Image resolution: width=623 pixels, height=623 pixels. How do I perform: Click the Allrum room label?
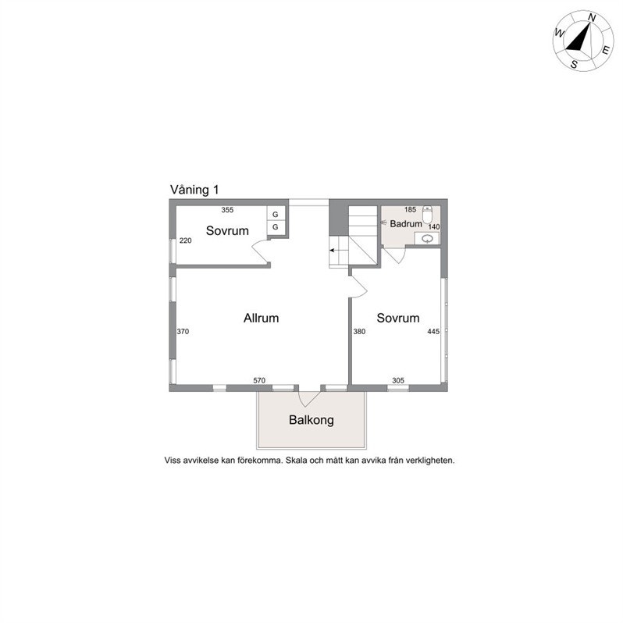261,319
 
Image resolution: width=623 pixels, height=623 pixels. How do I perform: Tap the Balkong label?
311,420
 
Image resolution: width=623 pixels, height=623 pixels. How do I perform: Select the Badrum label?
406,223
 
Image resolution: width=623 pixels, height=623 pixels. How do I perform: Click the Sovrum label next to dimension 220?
227,230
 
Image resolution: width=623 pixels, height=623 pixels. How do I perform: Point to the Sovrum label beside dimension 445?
398,319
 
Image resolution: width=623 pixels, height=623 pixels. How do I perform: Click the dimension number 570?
260,380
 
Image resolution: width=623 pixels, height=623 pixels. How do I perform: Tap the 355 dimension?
227,209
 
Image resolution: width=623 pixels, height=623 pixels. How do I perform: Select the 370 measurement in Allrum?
183,332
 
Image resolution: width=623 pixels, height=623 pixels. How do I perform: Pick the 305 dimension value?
398,380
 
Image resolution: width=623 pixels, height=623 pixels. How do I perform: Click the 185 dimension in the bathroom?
410,209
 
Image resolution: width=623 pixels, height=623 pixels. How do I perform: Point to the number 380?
359,332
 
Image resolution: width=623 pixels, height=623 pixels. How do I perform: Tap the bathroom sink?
427,239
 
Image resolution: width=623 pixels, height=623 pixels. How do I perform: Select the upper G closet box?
275,214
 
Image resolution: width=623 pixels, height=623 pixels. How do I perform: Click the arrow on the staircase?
334,251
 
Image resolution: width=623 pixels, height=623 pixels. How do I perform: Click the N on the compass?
592,18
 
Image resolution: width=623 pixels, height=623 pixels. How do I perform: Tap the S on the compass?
574,64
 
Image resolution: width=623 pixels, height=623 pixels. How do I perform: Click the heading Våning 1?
195,190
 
